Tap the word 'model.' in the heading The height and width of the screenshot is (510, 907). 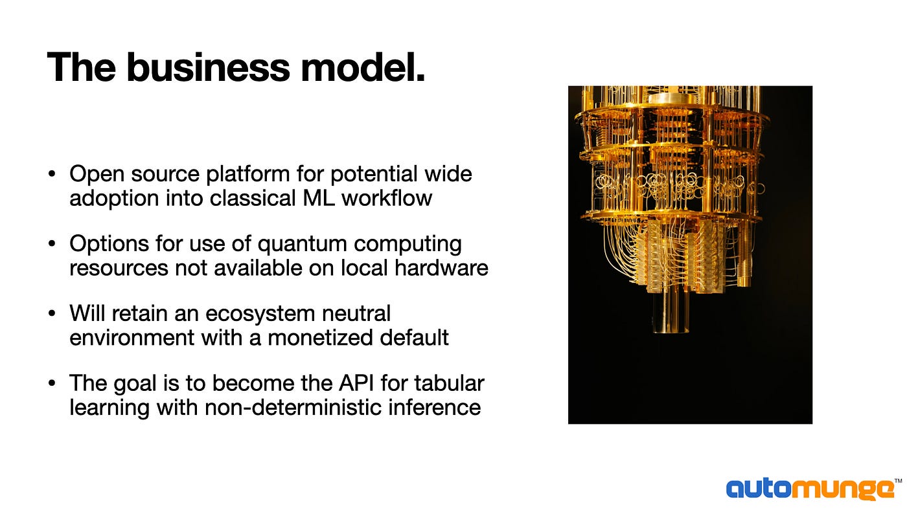[363, 67]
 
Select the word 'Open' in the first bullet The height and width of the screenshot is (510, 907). [97, 175]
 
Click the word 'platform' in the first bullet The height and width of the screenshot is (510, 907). [247, 175]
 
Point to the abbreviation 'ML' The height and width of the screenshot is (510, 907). [319, 198]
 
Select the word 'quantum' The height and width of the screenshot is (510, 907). [302, 245]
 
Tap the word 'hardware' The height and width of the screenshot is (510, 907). [441, 268]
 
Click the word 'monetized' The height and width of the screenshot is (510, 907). [320, 338]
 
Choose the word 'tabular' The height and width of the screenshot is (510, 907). [449, 383]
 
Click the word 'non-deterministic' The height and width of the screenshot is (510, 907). [293, 407]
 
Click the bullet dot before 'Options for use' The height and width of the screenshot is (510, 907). [52, 243]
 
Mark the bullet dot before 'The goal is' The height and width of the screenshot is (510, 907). [52, 382]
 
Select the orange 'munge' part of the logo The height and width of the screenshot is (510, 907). [843, 490]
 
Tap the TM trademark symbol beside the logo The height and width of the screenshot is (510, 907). [898, 481]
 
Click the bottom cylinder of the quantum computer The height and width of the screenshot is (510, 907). [670, 311]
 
